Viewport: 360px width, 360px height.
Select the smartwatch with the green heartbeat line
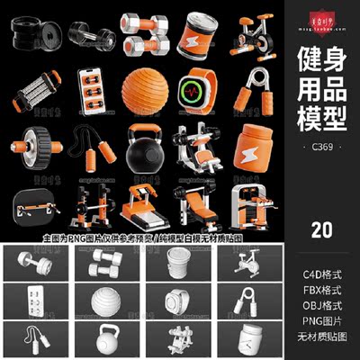(198, 91)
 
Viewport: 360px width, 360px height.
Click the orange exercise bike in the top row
(251, 33)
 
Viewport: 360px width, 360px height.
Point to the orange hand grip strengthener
(252, 91)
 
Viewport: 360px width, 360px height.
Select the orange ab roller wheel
(36, 147)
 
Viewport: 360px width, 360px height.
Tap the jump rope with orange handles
(89, 148)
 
